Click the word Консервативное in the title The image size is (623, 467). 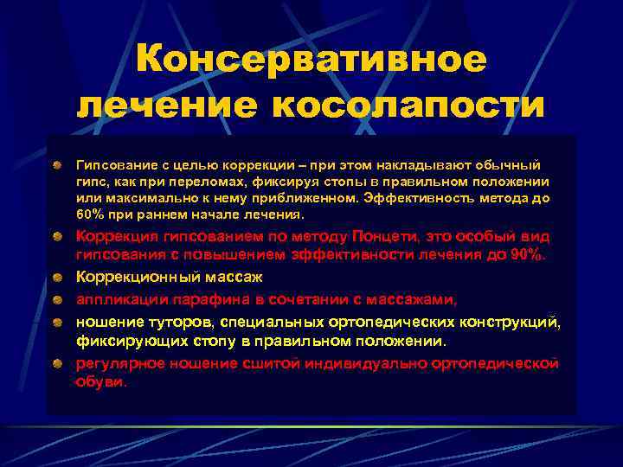click(311, 60)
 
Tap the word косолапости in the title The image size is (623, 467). click(409, 106)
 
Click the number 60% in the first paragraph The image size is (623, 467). click(91, 214)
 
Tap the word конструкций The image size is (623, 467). click(511, 322)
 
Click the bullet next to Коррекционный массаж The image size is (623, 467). click(58, 278)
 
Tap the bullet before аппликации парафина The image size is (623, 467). click(58, 299)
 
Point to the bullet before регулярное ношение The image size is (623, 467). click(58, 363)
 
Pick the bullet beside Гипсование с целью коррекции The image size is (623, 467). click(58, 163)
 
